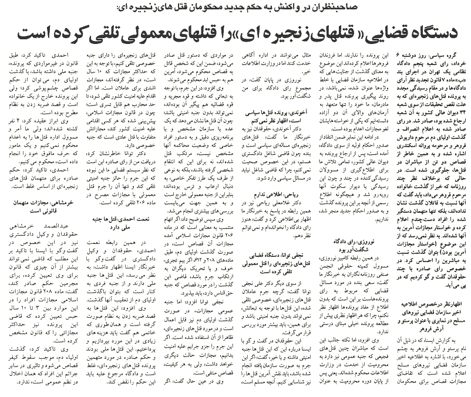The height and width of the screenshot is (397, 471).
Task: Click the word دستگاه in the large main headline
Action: click(420, 32)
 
